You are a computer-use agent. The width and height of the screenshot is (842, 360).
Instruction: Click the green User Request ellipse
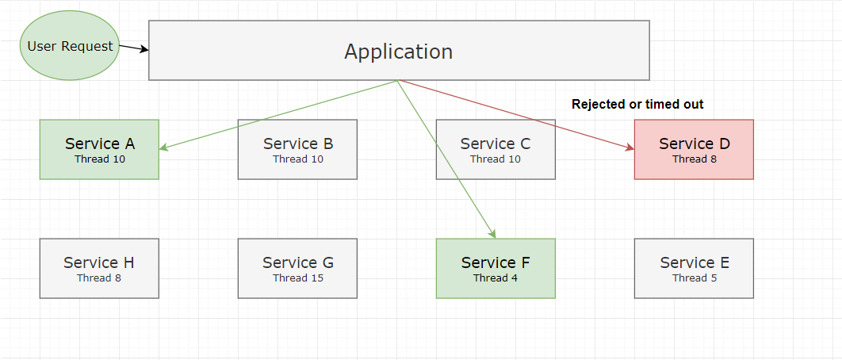click(x=70, y=46)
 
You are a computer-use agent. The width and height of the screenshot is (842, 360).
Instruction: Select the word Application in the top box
click(x=399, y=52)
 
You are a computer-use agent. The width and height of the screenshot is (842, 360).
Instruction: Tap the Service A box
click(x=99, y=149)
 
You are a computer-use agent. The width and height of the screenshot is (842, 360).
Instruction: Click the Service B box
click(x=297, y=149)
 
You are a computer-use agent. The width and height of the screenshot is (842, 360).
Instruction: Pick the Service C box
click(x=496, y=149)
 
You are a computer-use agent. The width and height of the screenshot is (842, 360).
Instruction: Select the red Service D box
click(x=694, y=149)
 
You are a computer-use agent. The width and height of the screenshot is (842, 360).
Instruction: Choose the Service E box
click(x=694, y=268)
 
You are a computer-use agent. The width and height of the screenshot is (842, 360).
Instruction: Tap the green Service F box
click(x=496, y=268)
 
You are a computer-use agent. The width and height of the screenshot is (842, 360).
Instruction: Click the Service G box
click(x=297, y=268)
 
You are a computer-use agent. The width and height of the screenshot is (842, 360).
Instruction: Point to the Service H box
click(x=99, y=268)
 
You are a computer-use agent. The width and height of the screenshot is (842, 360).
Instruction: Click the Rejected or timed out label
click(x=637, y=104)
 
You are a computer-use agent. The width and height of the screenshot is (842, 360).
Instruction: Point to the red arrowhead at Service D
click(x=630, y=147)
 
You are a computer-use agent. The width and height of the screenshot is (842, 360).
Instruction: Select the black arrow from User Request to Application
click(x=134, y=48)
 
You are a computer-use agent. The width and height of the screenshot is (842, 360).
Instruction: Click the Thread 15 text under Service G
click(x=297, y=278)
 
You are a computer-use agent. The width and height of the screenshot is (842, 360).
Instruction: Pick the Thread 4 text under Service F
click(x=496, y=278)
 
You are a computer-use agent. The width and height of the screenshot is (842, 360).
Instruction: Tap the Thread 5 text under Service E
click(x=694, y=278)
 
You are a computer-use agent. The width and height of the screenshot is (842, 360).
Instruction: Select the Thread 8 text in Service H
click(x=99, y=278)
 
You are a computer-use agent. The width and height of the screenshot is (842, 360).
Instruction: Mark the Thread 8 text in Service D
click(x=694, y=159)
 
